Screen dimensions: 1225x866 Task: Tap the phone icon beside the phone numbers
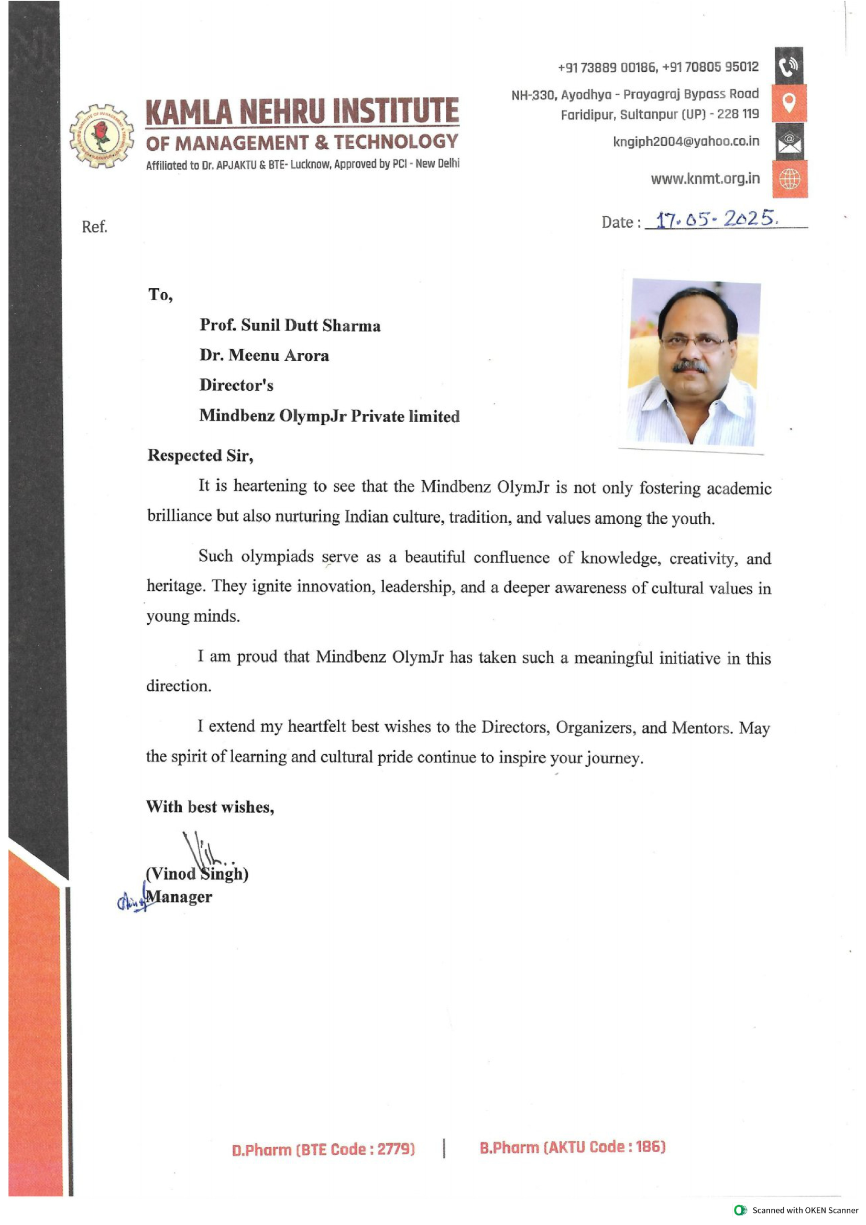click(x=788, y=66)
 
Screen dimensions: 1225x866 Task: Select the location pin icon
click(x=789, y=103)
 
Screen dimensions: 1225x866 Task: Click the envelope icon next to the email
click(x=789, y=142)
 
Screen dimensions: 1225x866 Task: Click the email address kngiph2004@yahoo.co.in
click(x=686, y=141)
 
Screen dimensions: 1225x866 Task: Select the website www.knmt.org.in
click(x=705, y=179)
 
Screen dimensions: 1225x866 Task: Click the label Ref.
click(x=94, y=227)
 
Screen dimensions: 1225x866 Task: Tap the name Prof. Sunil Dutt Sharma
click(x=290, y=325)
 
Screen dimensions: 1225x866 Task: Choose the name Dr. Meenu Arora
click(x=264, y=355)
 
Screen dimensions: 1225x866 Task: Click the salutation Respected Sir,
click(x=200, y=455)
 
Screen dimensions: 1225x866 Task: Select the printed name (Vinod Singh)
click(x=197, y=874)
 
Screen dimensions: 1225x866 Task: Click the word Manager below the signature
click(x=179, y=897)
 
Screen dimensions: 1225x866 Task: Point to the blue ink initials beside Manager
click(x=131, y=901)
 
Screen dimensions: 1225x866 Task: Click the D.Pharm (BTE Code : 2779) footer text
click(x=323, y=1149)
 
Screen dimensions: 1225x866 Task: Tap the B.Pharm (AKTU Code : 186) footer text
click(x=572, y=1147)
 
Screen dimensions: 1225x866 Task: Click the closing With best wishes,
click(x=210, y=807)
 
